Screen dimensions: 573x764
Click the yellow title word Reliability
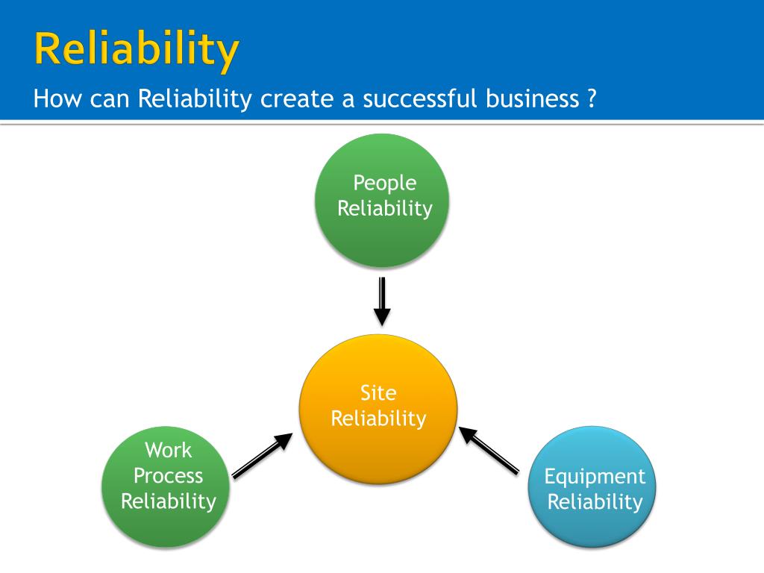137,49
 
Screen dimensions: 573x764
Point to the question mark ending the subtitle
591,98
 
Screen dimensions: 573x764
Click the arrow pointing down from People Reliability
382,301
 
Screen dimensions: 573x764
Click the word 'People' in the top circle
384,183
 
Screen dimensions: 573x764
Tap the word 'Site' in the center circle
378,393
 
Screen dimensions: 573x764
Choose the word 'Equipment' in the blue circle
595,477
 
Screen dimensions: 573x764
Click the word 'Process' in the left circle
168,476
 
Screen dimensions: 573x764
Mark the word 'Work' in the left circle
168,451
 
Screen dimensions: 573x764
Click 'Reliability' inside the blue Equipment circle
595,502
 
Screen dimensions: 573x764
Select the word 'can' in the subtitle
110,98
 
